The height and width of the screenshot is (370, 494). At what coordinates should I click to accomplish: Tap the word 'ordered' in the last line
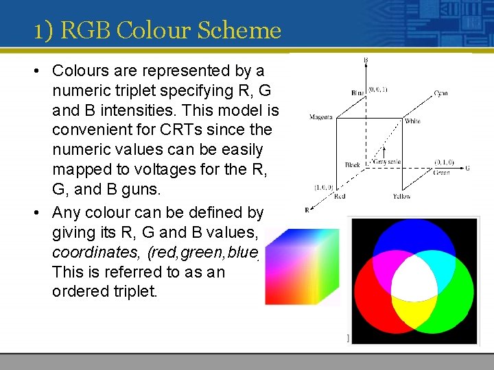point(79,292)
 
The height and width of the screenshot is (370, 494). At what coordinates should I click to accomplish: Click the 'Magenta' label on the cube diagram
point(320,117)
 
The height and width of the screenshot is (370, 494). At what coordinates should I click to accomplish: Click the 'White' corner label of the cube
point(412,121)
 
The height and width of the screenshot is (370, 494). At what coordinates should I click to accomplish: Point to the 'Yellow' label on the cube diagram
point(401,197)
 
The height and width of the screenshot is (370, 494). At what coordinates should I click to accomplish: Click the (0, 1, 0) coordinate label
point(443,162)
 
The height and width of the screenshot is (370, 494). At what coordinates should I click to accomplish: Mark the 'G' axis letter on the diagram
point(467,167)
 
